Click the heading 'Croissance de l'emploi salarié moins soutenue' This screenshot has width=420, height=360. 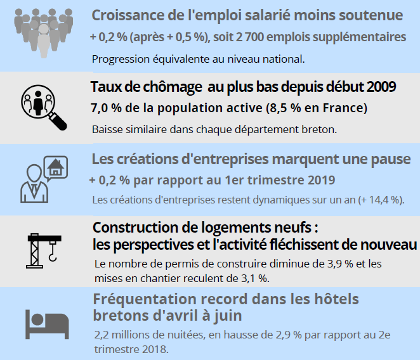(247, 15)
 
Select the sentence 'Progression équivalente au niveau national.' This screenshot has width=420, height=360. (199, 60)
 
